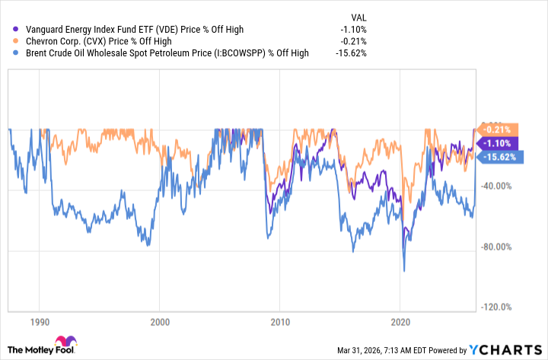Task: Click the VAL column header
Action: tap(361, 16)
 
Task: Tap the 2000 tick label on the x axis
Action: tap(160, 322)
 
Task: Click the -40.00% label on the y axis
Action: tap(499, 186)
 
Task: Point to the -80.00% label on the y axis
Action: tap(499, 247)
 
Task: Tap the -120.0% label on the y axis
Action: tap(499, 307)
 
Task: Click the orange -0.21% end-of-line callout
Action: tap(498, 129)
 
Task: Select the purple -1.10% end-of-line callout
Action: tap(498, 142)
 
